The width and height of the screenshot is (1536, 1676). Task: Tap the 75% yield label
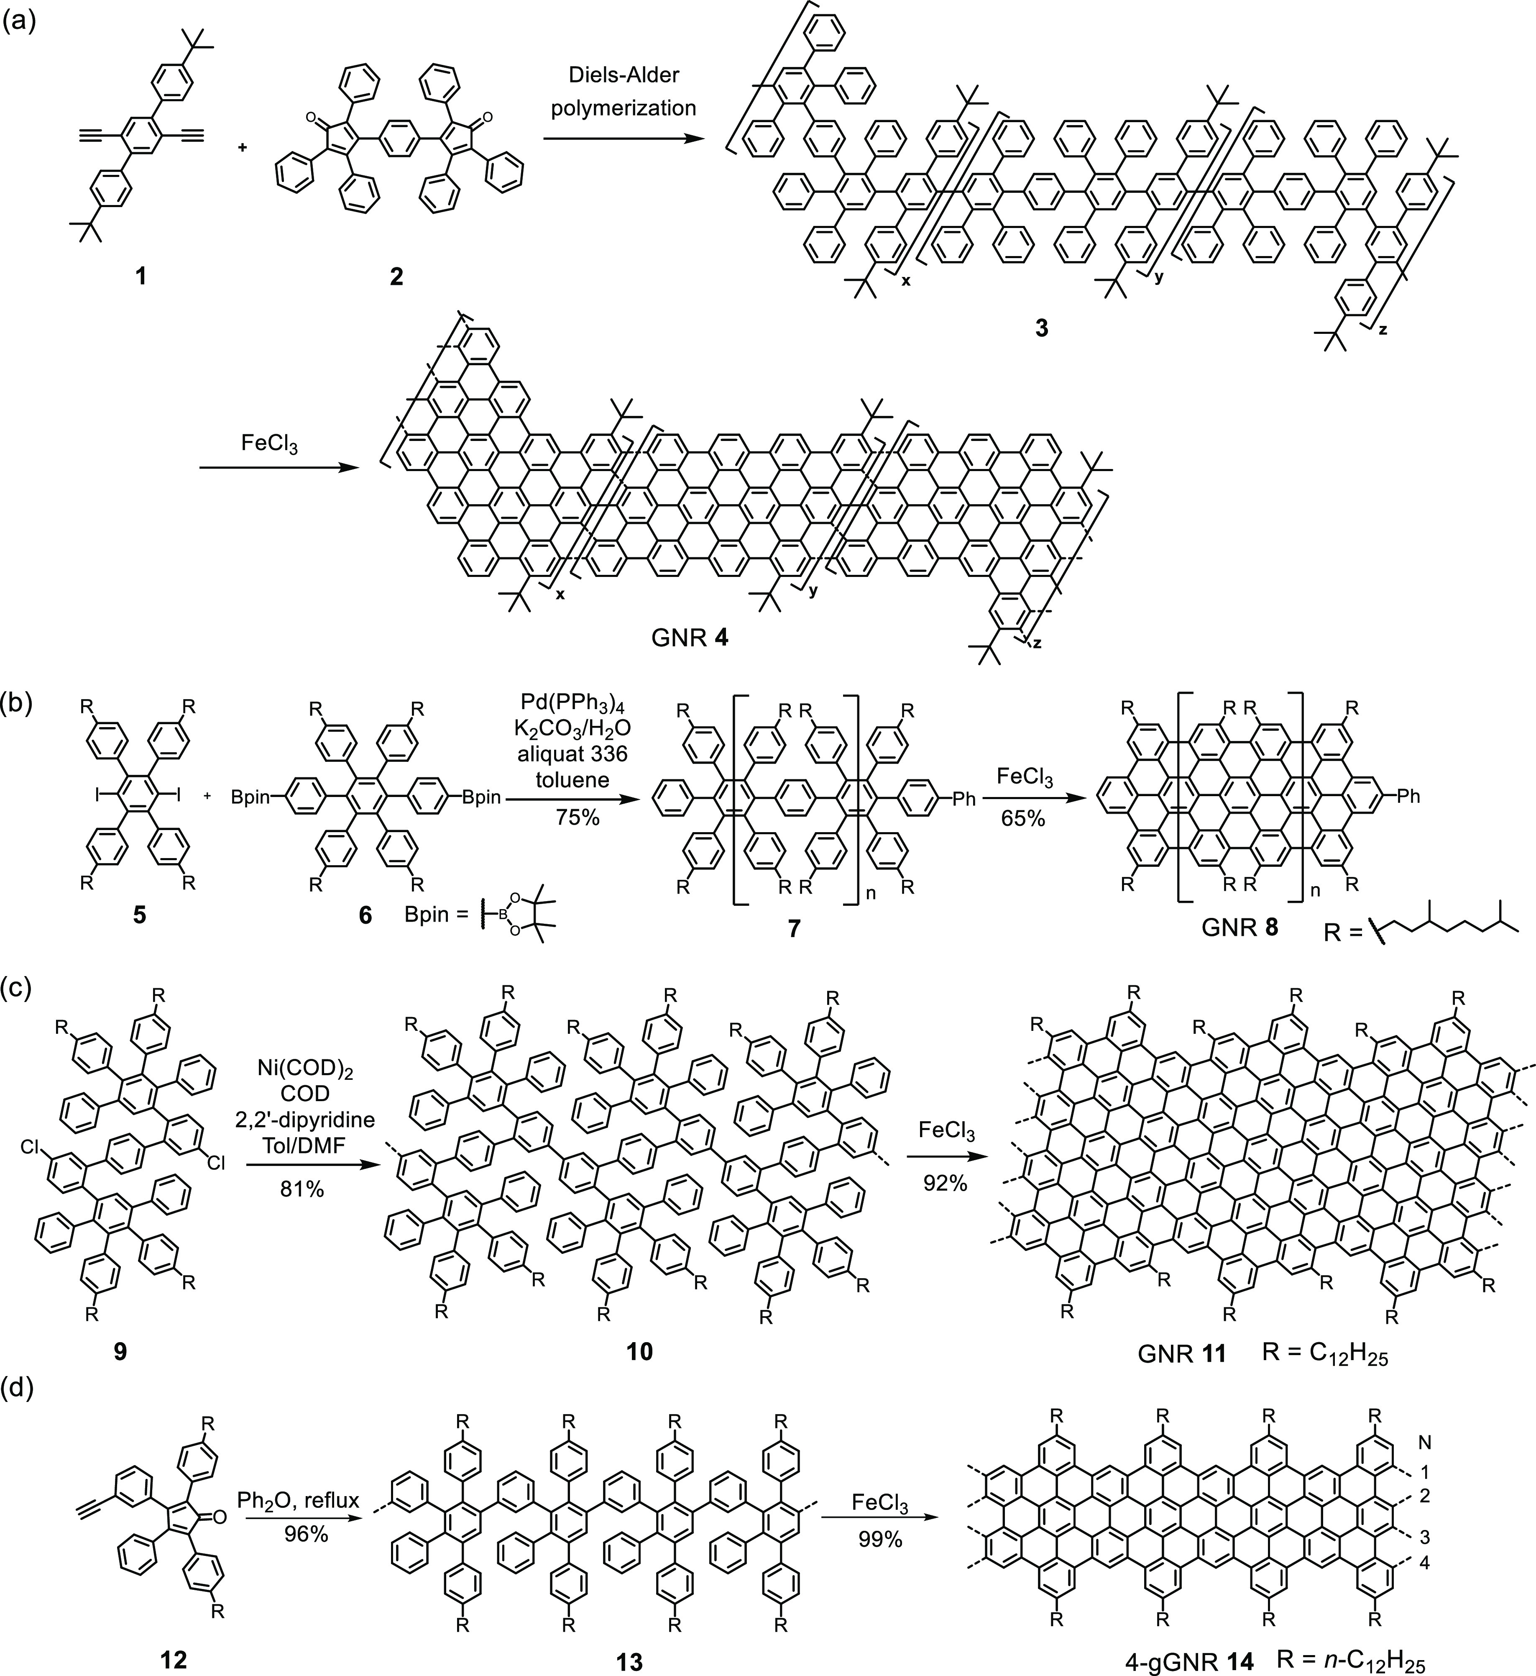click(x=578, y=817)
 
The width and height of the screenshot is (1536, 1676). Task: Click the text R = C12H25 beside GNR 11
click(x=1325, y=1353)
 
